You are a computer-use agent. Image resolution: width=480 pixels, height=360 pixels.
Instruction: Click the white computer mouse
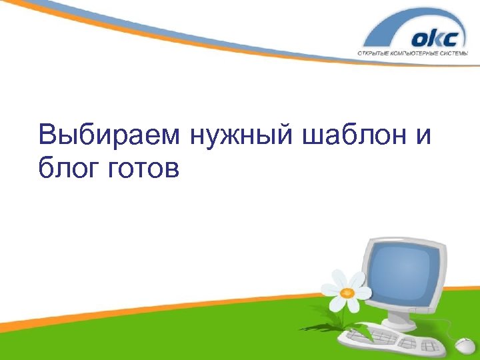(465, 345)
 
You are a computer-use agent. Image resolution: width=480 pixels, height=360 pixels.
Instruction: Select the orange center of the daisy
(346, 292)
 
